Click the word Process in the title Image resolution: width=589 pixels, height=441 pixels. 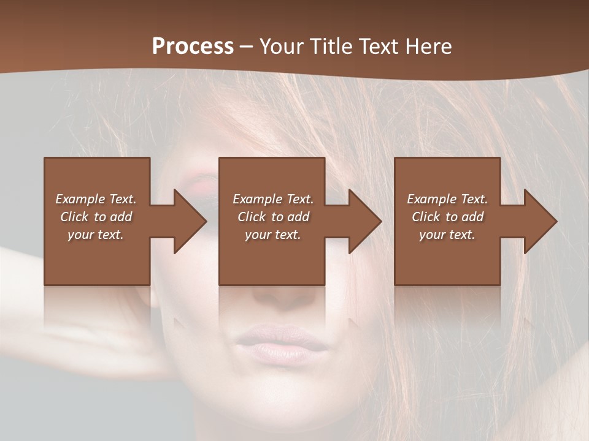point(193,47)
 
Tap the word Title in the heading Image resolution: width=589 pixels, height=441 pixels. point(333,47)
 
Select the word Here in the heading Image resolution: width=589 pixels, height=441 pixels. point(429,47)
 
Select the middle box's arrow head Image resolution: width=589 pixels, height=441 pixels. point(364,221)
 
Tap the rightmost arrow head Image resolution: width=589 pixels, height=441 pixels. point(539,221)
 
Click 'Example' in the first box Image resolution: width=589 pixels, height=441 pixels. point(80,199)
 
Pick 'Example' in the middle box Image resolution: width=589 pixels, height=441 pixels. point(257,199)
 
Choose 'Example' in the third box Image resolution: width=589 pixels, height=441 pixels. point(431,199)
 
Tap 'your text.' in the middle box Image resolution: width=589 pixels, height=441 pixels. point(273,235)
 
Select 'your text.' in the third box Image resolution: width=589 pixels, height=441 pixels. point(447,235)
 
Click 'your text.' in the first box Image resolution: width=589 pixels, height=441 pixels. point(96,235)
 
